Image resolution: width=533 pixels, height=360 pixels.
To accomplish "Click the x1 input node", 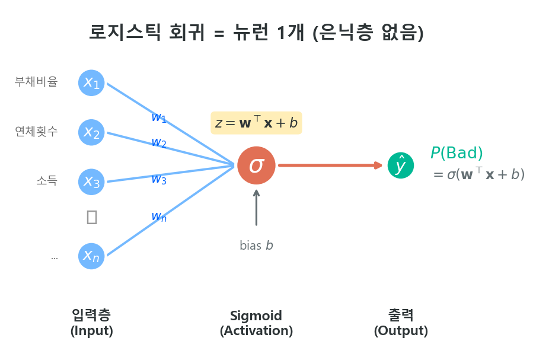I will click(91, 82).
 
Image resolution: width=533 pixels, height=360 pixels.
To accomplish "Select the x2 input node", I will click(91, 132).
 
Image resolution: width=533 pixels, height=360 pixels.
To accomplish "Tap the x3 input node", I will click(91, 181).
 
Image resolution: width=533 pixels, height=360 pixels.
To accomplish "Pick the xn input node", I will click(91, 256).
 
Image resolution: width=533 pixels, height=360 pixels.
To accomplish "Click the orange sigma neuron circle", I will click(256, 165).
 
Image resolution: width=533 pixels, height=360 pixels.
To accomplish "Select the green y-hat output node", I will click(400, 165).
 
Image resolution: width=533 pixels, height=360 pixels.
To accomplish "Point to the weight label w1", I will click(158, 117).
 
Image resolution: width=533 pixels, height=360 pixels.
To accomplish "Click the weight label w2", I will click(158, 142).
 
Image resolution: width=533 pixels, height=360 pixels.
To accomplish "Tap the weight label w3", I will click(158, 179).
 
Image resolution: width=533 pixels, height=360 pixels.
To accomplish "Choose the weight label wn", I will click(158, 216).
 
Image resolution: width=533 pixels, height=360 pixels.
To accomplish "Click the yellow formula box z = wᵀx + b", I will click(256, 123).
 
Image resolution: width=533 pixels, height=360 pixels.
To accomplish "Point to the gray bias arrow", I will click(256, 208).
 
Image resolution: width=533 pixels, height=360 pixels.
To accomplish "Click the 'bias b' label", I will click(256, 246).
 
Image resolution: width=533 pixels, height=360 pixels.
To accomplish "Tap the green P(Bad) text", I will click(457, 153).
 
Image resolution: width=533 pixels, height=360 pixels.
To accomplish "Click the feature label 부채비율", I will click(36, 82).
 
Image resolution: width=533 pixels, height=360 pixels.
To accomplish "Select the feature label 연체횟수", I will click(36, 132).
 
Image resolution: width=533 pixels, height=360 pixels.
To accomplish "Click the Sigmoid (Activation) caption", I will click(256, 323).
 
